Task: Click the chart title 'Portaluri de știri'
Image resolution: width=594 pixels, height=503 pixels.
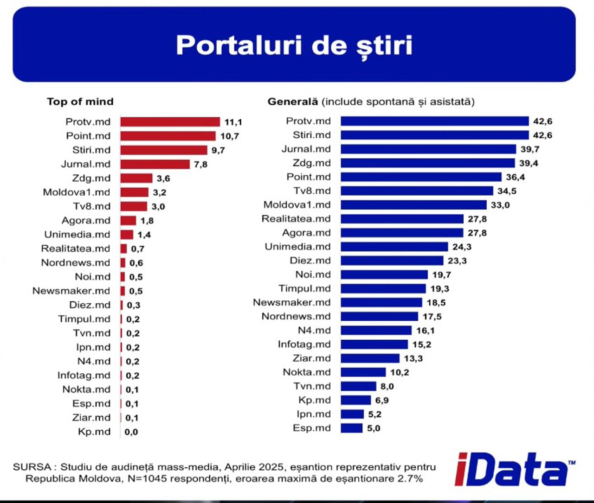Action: (x=294, y=45)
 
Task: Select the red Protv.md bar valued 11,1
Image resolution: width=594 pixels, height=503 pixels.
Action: (x=170, y=122)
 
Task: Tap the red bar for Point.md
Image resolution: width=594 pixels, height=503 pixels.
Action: (x=168, y=136)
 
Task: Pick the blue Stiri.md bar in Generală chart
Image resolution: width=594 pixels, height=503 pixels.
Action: (x=434, y=135)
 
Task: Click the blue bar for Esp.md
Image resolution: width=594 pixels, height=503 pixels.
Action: (x=351, y=428)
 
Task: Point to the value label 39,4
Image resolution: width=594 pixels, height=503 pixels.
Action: (x=529, y=163)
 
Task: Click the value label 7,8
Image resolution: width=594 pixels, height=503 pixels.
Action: (x=200, y=164)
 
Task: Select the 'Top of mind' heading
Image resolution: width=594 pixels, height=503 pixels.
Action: (x=80, y=102)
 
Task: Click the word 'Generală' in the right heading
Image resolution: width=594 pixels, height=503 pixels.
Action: (x=293, y=102)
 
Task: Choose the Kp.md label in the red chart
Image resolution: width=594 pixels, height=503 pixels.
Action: (x=94, y=432)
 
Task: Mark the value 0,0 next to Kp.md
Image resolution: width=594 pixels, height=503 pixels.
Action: (x=131, y=432)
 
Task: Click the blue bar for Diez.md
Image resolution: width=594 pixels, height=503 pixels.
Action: (x=392, y=261)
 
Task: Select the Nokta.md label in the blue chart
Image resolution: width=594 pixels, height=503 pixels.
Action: (x=307, y=372)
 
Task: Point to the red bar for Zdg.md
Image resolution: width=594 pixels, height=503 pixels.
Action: (x=136, y=178)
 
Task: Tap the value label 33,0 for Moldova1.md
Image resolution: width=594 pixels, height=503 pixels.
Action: (x=500, y=205)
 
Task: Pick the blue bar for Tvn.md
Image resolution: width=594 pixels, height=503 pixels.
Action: (x=358, y=386)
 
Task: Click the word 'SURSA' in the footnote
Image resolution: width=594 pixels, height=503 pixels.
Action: (x=32, y=467)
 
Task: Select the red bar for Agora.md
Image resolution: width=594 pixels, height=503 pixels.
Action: (x=128, y=221)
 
